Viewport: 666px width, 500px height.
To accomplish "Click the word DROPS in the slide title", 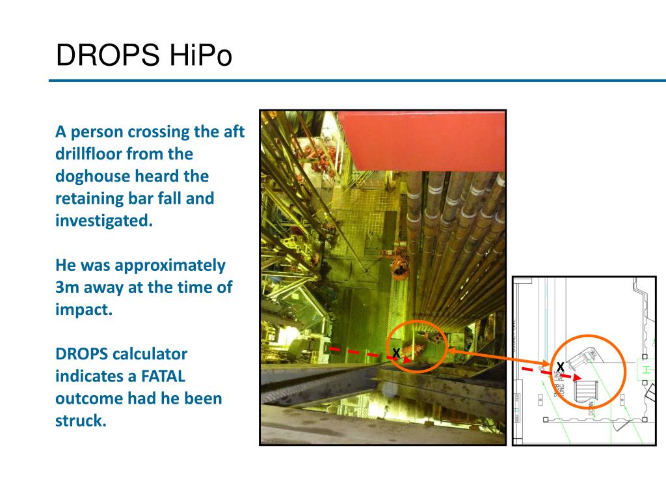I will [108, 55].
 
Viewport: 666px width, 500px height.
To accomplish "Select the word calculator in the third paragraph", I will [150, 354].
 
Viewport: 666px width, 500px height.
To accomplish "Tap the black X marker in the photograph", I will [395, 353].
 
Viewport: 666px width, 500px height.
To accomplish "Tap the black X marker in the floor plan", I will [560, 367].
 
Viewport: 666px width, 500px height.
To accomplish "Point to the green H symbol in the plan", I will [646, 369].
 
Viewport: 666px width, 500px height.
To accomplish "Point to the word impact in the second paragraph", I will [84, 310].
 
